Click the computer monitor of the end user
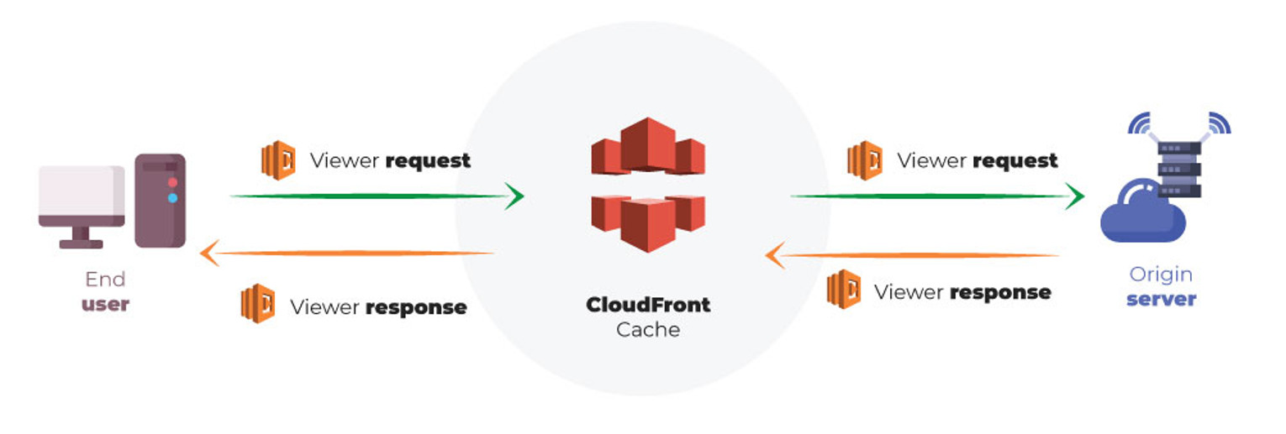[82, 196]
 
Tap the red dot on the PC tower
[172, 182]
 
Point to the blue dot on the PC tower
[172, 198]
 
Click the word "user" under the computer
[105, 304]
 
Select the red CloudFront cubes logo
[647, 184]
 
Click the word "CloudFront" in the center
[648, 304]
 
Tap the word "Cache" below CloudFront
[648, 330]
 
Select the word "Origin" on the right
[1161, 275]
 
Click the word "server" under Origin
[1161, 300]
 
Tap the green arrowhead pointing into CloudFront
[514, 196]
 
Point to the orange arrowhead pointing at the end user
[208, 252]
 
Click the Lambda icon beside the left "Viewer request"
[278, 160]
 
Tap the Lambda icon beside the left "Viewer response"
[257, 303]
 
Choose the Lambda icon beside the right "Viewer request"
[865, 160]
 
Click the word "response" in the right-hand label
[1000, 292]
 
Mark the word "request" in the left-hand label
[428, 160]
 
